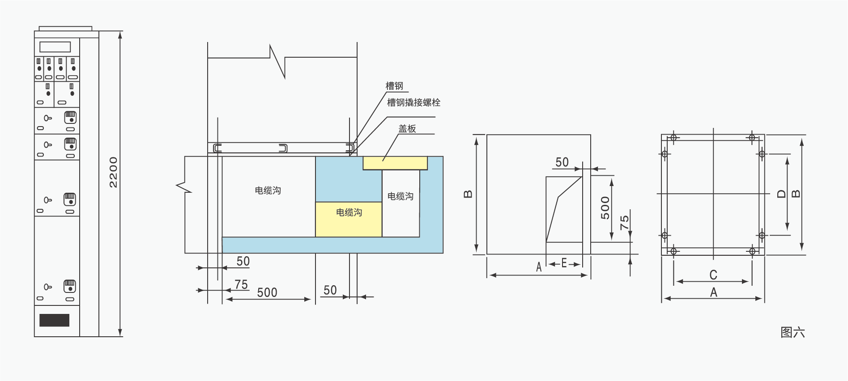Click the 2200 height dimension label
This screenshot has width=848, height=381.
coord(114,173)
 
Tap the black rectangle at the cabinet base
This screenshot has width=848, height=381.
coord(54,320)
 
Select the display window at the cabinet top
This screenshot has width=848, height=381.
coord(55,47)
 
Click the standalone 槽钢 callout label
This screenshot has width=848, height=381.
coord(394,86)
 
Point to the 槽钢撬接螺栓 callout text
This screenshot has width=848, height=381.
coord(413,102)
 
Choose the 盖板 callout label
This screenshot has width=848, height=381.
coord(407,129)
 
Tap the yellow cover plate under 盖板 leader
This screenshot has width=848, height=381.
coord(395,163)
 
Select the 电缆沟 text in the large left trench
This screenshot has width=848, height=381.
coord(268,190)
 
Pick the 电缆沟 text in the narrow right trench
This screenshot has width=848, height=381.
coord(401,196)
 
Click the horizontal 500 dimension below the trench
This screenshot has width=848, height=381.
coord(267,292)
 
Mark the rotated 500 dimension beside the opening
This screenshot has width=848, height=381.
coord(605,208)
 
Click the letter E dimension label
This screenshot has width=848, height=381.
coord(564,263)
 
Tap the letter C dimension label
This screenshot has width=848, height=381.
coord(713,275)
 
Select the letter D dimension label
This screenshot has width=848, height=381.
coord(781,194)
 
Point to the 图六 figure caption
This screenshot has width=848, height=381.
coord(793,332)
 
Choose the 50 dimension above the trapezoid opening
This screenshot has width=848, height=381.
coord(562,162)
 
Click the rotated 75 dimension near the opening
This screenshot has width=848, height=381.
coord(624,222)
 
